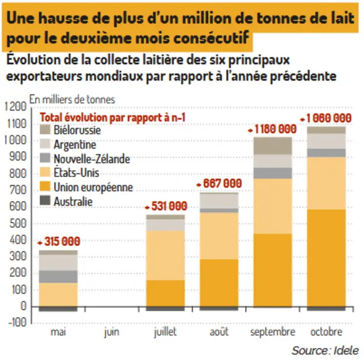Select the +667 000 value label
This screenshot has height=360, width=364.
(219, 183)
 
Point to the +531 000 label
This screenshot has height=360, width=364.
(166, 205)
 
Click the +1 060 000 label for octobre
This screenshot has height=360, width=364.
(326, 118)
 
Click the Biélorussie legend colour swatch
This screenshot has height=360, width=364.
(45, 130)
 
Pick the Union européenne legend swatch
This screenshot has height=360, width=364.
(45, 187)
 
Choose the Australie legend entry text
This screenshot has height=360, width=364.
(73, 201)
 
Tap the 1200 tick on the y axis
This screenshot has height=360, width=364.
(15, 107)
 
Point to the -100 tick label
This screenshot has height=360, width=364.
(16, 323)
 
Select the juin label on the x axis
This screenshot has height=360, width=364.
(112, 333)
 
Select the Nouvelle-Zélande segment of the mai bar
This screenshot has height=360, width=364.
(58, 276)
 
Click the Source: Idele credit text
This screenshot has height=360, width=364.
(325, 350)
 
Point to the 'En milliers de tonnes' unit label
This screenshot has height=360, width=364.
(72, 99)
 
